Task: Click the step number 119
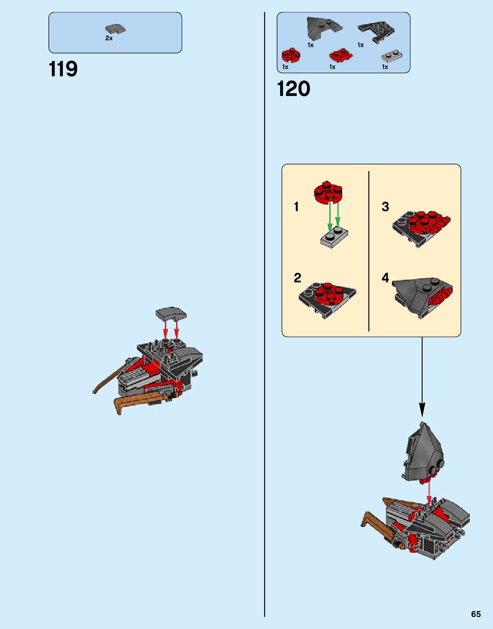pyautogui.click(x=63, y=69)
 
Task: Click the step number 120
pyautogui.click(x=293, y=89)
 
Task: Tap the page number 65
pyautogui.click(x=476, y=614)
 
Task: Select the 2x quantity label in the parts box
pyautogui.click(x=109, y=38)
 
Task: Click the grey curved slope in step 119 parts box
pyautogui.click(x=115, y=29)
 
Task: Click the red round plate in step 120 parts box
pyautogui.click(x=291, y=55)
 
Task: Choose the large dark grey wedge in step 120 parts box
pyautogui.click(x=323, y=28)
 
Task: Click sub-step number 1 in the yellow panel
pyautogui.click(x=296, y=207)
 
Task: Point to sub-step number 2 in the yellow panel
pyautogui.click(x=297, y=278)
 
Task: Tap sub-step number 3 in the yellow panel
pyautogui.click(x=385, y=207)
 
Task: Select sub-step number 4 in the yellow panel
pyautogui.click(x=385, y=278)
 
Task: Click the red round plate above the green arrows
pyautogui.click(x=329, y=193)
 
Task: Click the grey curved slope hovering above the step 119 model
pyautogui.click(x=171, y=314)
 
